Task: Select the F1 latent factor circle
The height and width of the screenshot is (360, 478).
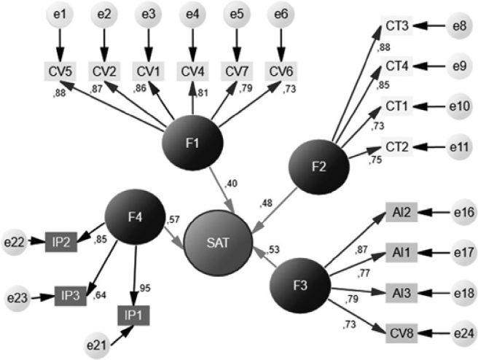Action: pyautogui.click(x=192, y=143)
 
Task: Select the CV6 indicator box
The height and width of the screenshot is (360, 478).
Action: pyautogui.click(x=281, y=71)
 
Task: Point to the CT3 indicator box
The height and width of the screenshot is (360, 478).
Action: pyautogui.click(x=398, y=28)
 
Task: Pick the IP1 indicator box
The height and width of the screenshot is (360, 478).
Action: pyautogui.click(x=134, y=316)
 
